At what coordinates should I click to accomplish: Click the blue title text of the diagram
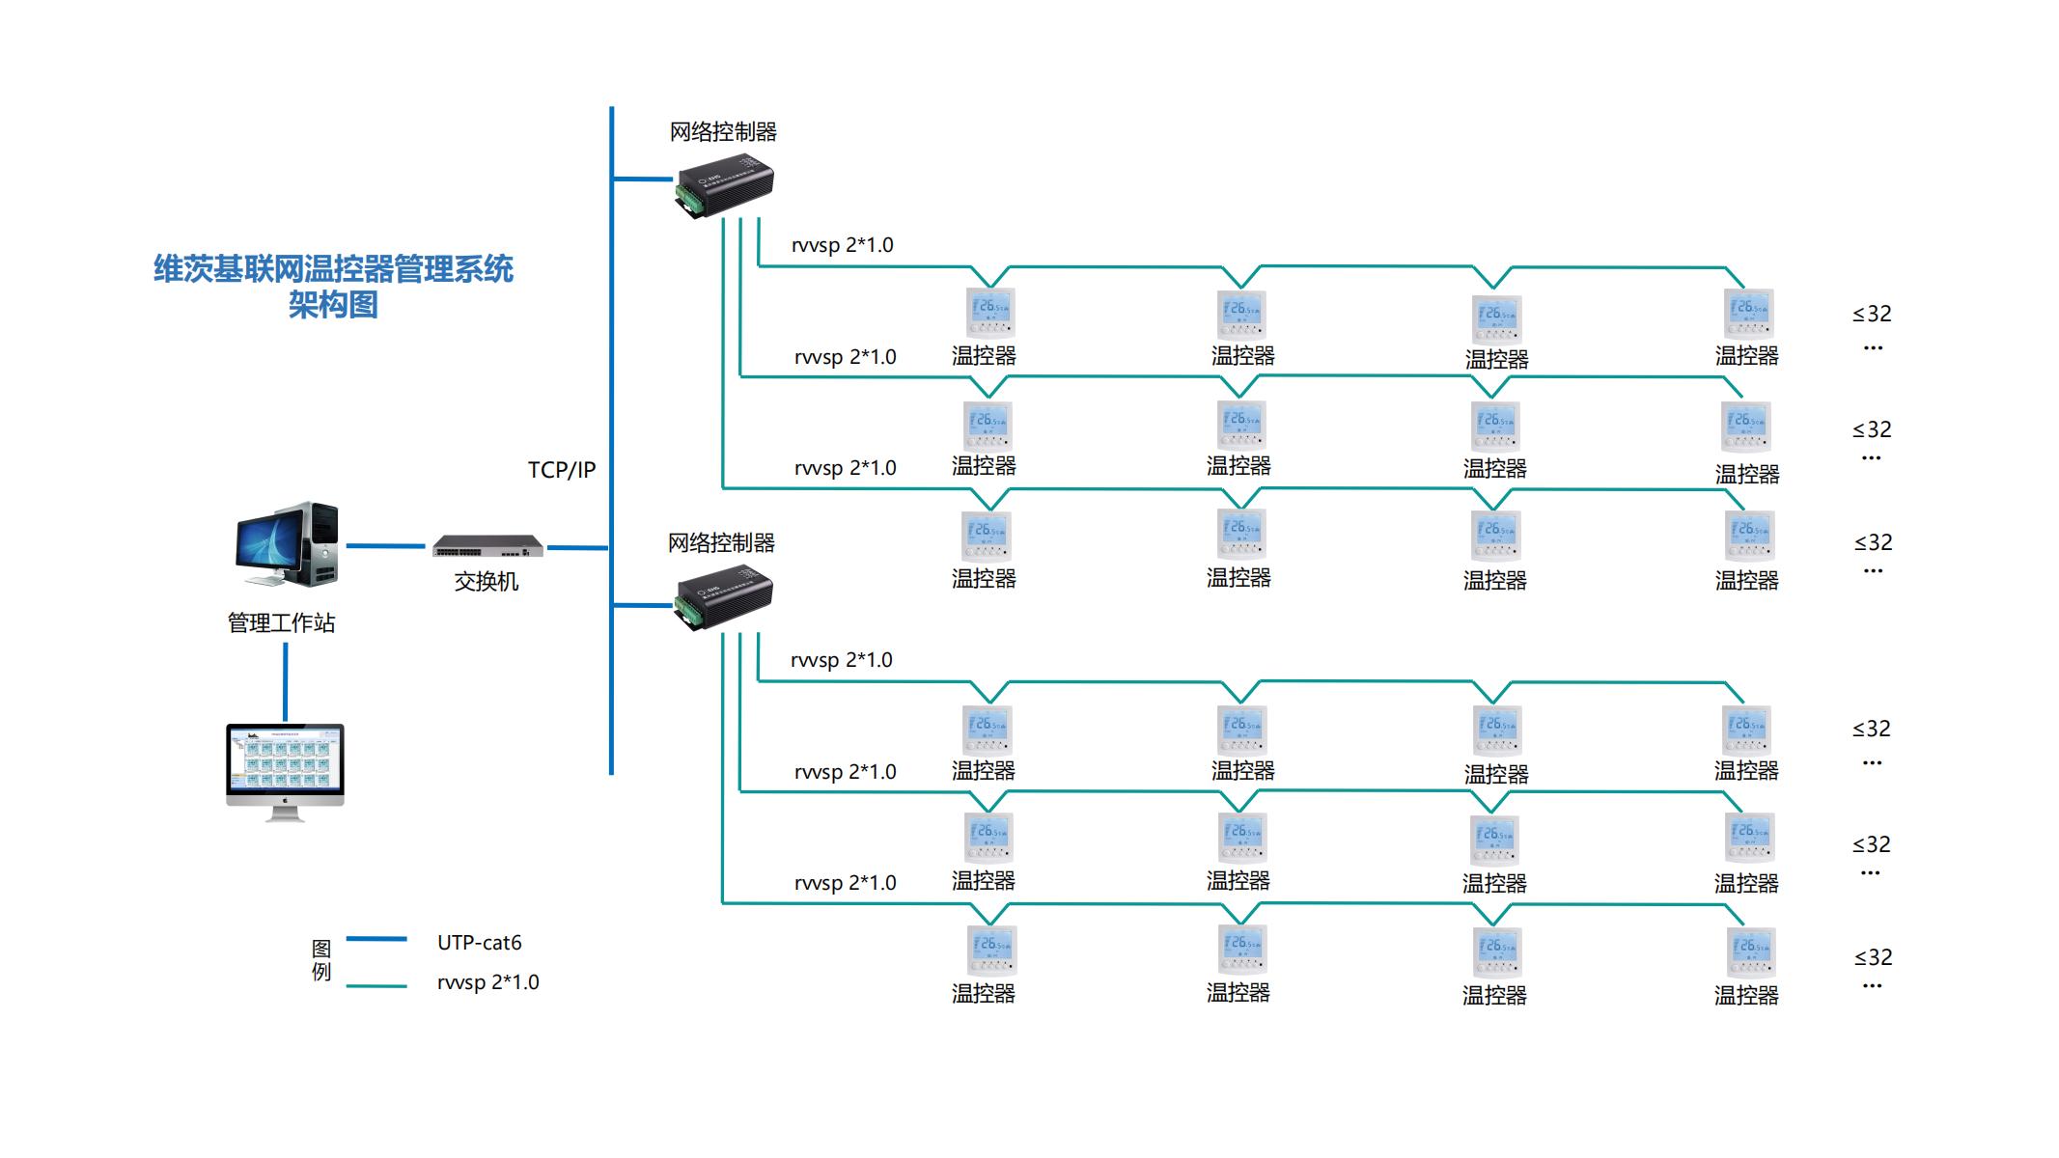coord(333,286)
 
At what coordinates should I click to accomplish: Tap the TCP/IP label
coord(562,470)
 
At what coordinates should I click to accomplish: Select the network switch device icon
coord(487,546)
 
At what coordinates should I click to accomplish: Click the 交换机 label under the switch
coord(487,581)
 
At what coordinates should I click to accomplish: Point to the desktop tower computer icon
coord(288,544)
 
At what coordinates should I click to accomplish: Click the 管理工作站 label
coord(281,623)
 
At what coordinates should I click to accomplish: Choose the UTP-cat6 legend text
coord(479,943)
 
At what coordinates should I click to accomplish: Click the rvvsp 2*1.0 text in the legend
coord(487,982)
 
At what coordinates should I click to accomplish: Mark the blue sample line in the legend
coord(376,939)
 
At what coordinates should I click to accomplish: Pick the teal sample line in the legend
coord(376,985)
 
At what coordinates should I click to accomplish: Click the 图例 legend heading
coord(321,960)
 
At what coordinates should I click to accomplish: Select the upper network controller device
coord(724,184)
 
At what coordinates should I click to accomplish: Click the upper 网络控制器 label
coord(723,132)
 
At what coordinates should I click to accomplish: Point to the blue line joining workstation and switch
coord(385,546)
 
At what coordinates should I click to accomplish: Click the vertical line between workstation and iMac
coord(286,681)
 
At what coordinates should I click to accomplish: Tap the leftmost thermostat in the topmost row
coord(990,312)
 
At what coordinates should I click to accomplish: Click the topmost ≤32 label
coord(1872,315)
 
